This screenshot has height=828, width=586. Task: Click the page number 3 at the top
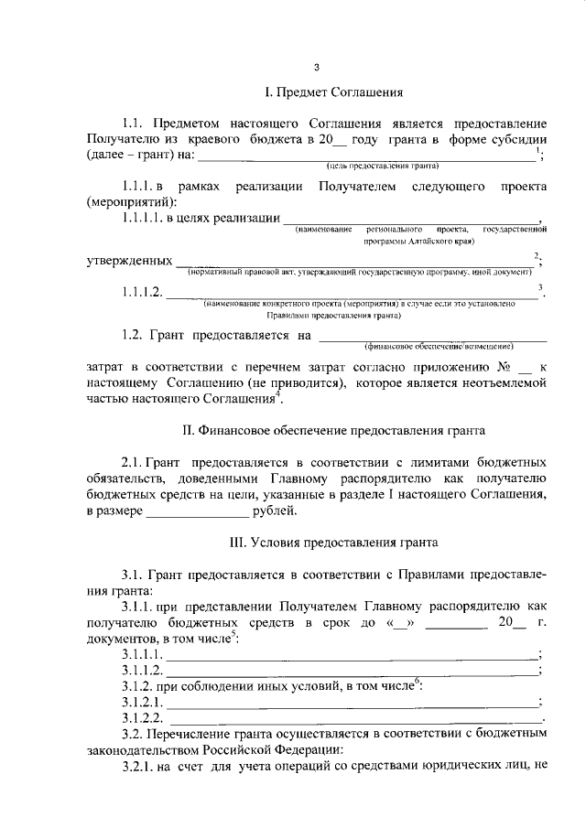pos(316,67)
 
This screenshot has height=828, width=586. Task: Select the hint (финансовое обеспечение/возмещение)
pos(439,346)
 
